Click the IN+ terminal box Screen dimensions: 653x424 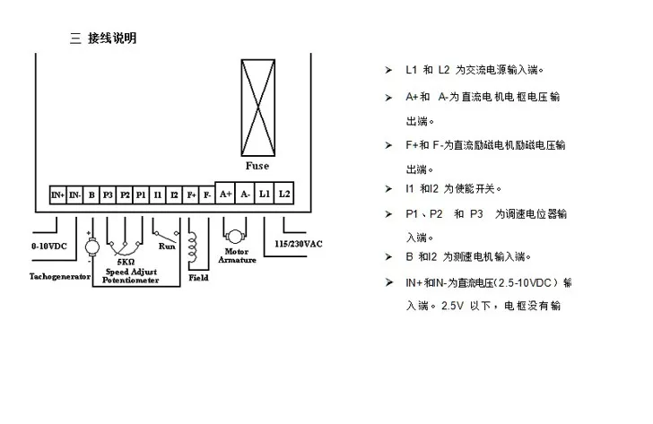58,195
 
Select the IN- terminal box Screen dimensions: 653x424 74,195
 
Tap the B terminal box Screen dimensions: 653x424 91,195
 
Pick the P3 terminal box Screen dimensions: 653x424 108,195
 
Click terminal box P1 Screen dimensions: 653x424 141,195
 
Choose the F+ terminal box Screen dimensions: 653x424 191,195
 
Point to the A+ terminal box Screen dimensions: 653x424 225,193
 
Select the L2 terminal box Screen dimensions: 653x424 284,193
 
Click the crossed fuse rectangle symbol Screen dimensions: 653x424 258,108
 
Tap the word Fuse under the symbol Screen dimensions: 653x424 257,166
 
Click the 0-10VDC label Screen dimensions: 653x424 49,246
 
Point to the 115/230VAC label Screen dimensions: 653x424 298,244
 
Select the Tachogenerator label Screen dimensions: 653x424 60,276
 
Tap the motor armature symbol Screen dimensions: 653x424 235,237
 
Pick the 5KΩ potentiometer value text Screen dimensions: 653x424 126,262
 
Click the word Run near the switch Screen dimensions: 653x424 167,247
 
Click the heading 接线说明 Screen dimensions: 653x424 112,39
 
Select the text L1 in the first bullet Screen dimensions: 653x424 411,70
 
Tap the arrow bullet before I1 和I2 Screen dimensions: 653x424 388,189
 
